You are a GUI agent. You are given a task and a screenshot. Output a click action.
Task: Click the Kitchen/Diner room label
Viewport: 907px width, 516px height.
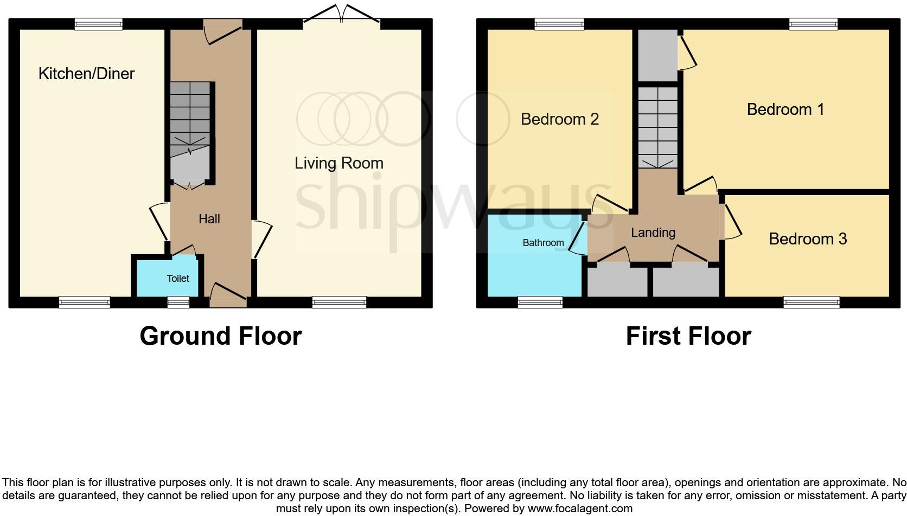tap(86, 74)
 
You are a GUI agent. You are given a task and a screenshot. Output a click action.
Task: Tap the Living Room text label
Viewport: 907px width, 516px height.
tap(338, 163)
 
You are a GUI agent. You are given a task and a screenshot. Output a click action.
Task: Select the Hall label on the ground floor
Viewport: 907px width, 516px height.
tap(209, 219)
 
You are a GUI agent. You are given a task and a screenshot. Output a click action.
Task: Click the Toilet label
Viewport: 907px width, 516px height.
tap(177, 279)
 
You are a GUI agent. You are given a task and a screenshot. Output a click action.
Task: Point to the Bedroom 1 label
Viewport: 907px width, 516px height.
tap(785, 109)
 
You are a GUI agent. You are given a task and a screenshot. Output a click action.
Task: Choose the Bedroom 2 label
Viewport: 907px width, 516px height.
tap(559, 119)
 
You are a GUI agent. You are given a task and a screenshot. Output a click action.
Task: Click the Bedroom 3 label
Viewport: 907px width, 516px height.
tap(807, 239)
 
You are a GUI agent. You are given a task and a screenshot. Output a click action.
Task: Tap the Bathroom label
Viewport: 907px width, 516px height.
tap(543, 243)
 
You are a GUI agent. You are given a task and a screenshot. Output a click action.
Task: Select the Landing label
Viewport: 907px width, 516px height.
tap(653, 233)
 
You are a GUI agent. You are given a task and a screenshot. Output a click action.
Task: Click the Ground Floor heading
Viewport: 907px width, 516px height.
tap(220, 336)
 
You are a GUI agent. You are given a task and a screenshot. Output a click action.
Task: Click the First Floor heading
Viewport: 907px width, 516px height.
tap(688, 336)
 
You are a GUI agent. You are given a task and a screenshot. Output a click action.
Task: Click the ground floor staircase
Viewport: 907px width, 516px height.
tap(190, 117)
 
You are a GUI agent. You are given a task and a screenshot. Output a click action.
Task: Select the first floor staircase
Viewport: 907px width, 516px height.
tap(657, 127)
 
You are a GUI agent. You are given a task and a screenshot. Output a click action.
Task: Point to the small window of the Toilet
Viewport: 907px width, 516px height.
tap(178, 302)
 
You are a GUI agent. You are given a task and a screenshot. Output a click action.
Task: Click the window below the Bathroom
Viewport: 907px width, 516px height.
tap(540, 302)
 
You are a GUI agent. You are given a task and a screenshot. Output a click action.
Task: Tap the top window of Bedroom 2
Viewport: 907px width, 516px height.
tap(559, 24)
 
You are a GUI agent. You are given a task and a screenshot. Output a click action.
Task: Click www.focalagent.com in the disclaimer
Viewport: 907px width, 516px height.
tap(580, 508)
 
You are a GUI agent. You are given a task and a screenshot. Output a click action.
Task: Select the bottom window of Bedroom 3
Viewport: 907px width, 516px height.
tap(811, 302)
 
